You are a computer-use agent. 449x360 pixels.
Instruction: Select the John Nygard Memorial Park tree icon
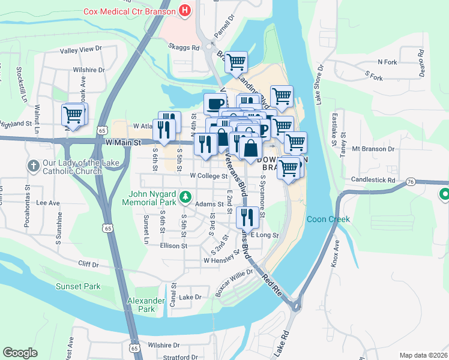pos(186,196)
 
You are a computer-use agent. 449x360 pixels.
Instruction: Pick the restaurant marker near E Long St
pos(247,217)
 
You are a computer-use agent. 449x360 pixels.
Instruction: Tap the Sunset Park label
pos(78,286)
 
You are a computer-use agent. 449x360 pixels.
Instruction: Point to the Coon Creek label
pos(328,220)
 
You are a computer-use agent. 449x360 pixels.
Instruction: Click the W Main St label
pos(122,143)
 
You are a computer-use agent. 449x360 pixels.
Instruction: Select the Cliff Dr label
pos(88,263)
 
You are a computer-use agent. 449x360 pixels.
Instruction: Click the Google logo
pos(20,353)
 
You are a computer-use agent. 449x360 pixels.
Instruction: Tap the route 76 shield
pos(410,181)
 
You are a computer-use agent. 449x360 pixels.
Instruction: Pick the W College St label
pos(208,176)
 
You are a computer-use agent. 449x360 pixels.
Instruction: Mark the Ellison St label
pos(174,245)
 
